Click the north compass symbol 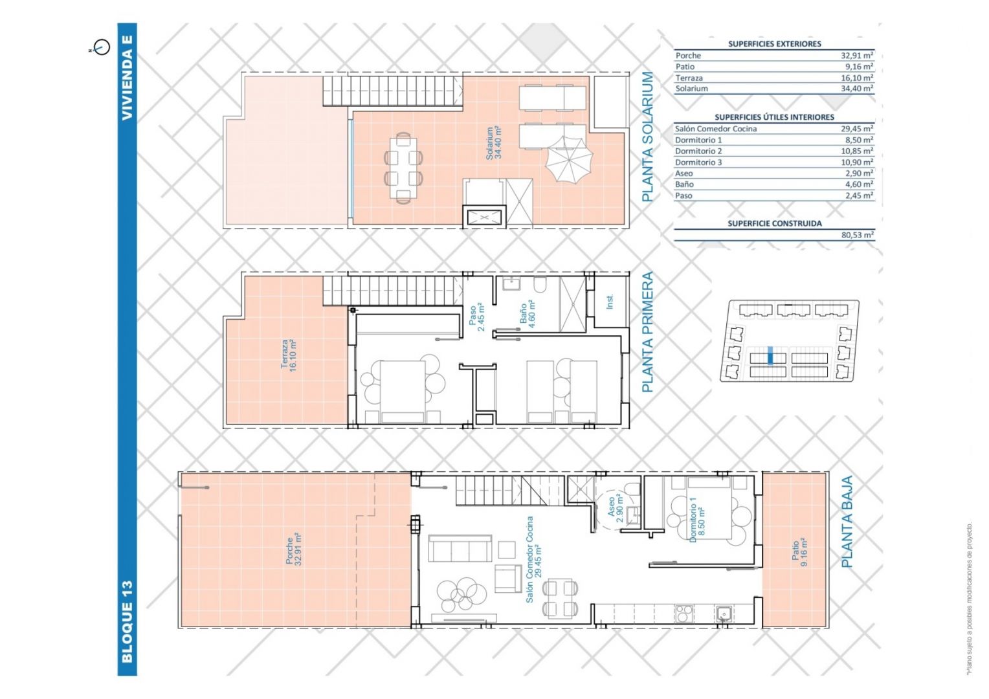[x=101, y=47]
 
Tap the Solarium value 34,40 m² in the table [x=856, y=88]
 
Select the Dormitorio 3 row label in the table [x=698, y=162]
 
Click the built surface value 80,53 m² [x=857, y=235]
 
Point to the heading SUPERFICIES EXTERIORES [x=774, y=44]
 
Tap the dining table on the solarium [x=403, y=168]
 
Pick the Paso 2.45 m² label [x=477, y=316]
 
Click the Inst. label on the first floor [x=610, y=302]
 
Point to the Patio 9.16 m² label [x=799, y=552]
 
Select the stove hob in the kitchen [x=684, y=614]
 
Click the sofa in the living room [x=460, y=548]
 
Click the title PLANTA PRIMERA [x=647, y=332]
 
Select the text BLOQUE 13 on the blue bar [x=127, y=622]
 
